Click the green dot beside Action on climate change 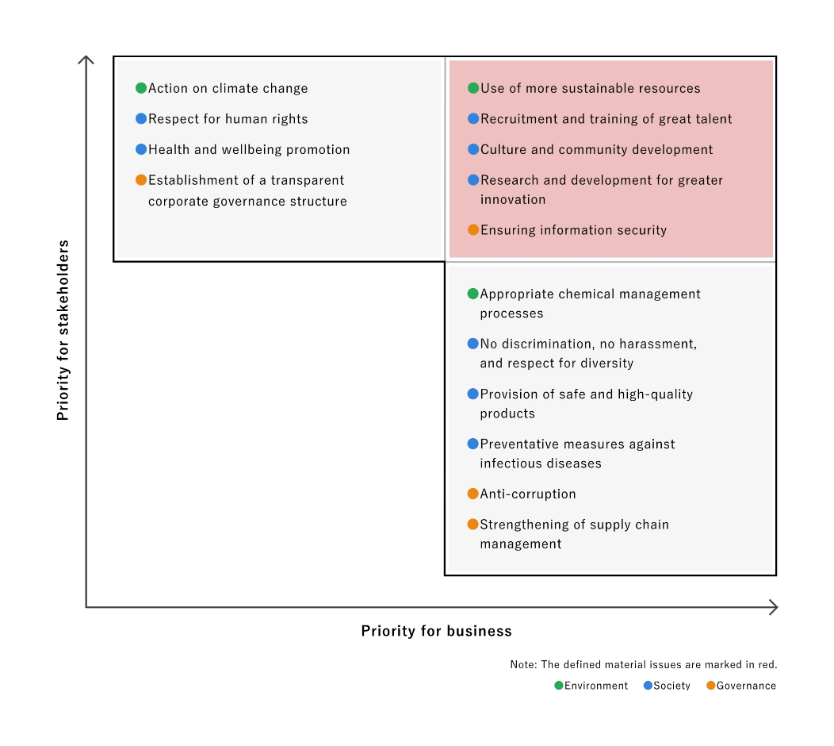[x=141, y=88]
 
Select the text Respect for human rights [x=228, y=119]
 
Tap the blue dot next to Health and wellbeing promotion [x=141, y=149]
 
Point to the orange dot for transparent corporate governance [x=141, y=180]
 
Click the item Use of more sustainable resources [x=591, y=88]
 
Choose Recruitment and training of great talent [x=606, y=119]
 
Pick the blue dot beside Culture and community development [x=473, y=149]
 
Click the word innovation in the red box [x=513, y=200]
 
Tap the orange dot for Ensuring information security [x=473, y=230]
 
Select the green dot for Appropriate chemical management [x=472, y=294]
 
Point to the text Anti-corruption [x=528, y=494]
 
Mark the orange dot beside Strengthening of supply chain [x=472, y=525]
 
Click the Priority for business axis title [x=437, y=631]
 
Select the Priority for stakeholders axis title [x=63, y=330]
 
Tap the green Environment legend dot [x=558, y=686]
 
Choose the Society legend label [x=671, y=686]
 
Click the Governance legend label [x=746, y=686]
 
